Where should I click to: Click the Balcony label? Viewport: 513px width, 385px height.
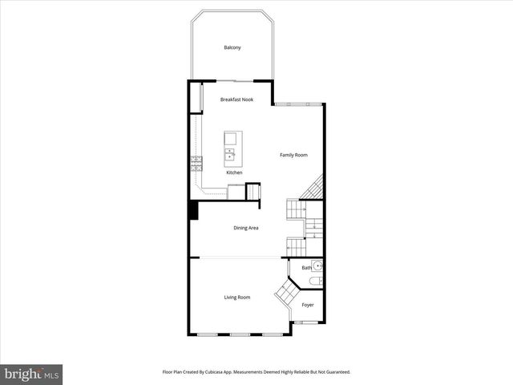pyautogui.click(x=232, y=48)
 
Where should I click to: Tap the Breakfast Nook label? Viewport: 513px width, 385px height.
pyautogui.click(x=236, y=99)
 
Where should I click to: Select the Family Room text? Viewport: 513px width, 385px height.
pyautogui.click(x=293, y=155)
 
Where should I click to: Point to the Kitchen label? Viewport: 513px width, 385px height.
pyautogui.click(x=234, y=172)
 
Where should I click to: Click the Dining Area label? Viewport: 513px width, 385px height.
pyautogui.click(x=245, y=228)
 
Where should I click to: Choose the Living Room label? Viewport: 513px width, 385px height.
pyautogui.click(x=236, y=298)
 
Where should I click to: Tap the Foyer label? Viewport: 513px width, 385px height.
pyautogui.click(x=308, y=306)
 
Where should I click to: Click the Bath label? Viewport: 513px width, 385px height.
pyautogui.click(x=306, y=268)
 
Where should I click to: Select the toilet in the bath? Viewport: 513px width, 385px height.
pyautogui.click(x=317, y=282)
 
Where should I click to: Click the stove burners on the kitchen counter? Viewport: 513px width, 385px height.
pyautogui.click(x=196, y=163)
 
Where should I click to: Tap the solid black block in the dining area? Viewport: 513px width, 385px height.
pyautogui.click(x=193, y=210)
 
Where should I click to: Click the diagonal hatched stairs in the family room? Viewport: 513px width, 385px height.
pyautogui.click(x=312, y=188)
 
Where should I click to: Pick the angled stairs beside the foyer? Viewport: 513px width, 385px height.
pyautogui.click(x=284, y=294)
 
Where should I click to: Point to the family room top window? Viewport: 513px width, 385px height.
pyautogui.click(x=298, y=103)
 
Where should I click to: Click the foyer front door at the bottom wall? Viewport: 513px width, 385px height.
pyautogui.click(x=305, y=322)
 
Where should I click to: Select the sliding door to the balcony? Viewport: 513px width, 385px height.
pyautogui.click(x=235, y=81)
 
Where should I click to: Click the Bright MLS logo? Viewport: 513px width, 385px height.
pyautogui.click(x=31, y=374)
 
